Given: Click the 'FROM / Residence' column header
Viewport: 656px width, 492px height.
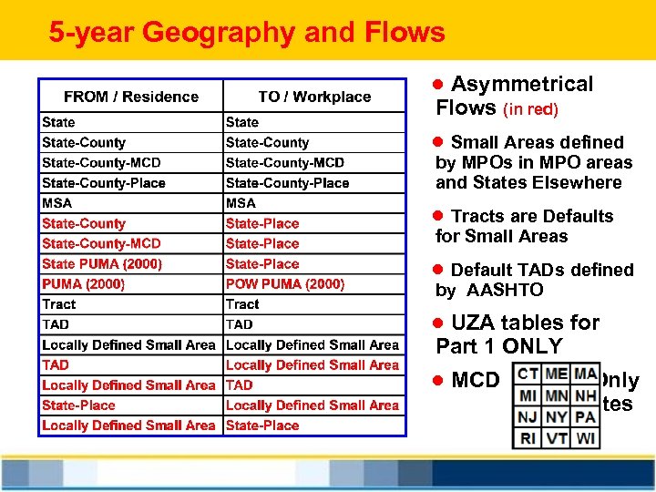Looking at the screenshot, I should (131, 97).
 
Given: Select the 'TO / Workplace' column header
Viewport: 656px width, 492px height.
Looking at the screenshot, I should (314, 97).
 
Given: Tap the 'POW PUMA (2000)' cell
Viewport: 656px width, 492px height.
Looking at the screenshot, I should (285, 284).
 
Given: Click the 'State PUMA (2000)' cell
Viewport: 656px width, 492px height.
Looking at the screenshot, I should (102, 264).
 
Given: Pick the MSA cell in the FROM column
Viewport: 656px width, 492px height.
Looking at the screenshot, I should (56, 203).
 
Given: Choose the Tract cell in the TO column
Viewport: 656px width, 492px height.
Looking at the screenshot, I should (242, 304).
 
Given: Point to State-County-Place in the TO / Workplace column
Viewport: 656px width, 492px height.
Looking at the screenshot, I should (287, 183).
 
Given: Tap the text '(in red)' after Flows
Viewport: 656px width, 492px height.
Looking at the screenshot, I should (531, 109).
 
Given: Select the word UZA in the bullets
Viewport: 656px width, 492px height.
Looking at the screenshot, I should (477, 323).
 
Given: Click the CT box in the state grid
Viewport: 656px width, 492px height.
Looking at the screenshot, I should (528, 375).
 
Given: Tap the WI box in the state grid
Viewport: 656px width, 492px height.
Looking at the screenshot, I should (586, 438).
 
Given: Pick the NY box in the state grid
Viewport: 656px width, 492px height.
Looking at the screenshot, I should (557, 417).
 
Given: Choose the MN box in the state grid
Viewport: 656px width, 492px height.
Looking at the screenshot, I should (557, 396).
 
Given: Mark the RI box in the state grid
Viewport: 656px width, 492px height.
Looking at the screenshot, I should (528, 438).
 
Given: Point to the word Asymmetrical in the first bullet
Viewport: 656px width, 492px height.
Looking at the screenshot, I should (522, 85).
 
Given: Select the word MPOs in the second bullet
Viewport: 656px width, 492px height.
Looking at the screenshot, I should (485, 163).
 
